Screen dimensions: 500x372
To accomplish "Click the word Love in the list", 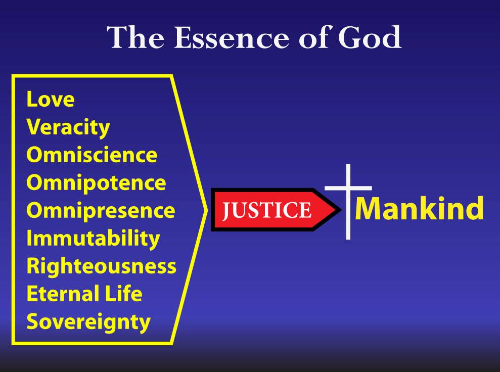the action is point(51,99).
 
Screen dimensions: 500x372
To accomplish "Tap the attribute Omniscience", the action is point(92,155).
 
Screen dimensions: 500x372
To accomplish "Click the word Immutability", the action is point(93,239).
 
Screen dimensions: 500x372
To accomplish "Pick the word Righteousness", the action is point(102,266).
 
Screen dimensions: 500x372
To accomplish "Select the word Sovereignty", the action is point(88,322).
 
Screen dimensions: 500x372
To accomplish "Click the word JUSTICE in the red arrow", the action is point(266,210).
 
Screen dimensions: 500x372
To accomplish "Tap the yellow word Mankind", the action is point(419,208).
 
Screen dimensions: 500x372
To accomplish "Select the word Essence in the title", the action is point(232,37).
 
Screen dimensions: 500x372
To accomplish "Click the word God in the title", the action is point(370,37).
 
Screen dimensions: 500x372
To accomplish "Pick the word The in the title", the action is point(135,37).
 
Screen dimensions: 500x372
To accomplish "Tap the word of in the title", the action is point(314,37).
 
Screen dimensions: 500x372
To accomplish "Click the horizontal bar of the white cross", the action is point(348,188).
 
